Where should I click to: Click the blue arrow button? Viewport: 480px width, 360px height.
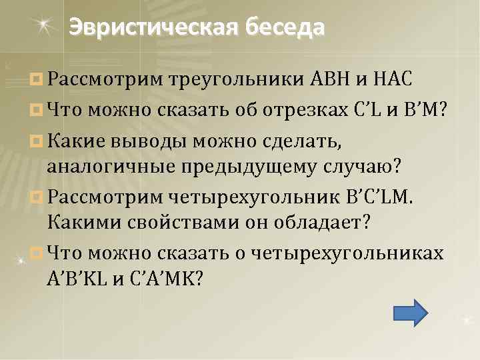[407, 313]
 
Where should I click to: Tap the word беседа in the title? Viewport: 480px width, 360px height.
[285, 27]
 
